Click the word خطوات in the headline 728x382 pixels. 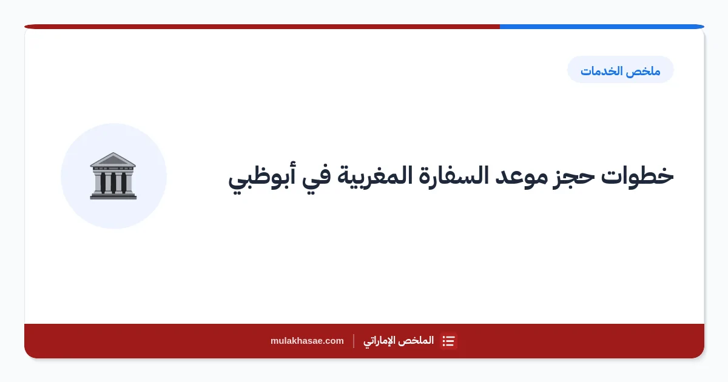(637, 176)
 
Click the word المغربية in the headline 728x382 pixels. (374, 177)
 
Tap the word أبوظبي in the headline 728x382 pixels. (262, 177)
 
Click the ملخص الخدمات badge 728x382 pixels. (621, 70)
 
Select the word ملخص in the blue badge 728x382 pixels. (645, 71)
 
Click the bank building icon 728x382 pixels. (113, 176)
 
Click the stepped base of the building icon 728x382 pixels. (113, 195)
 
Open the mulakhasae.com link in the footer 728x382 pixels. (307, 341)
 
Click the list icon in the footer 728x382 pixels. (448, 341)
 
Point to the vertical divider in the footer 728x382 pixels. (354, 341)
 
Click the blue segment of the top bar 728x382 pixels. (602, 27)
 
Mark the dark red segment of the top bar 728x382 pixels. (262, 27)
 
